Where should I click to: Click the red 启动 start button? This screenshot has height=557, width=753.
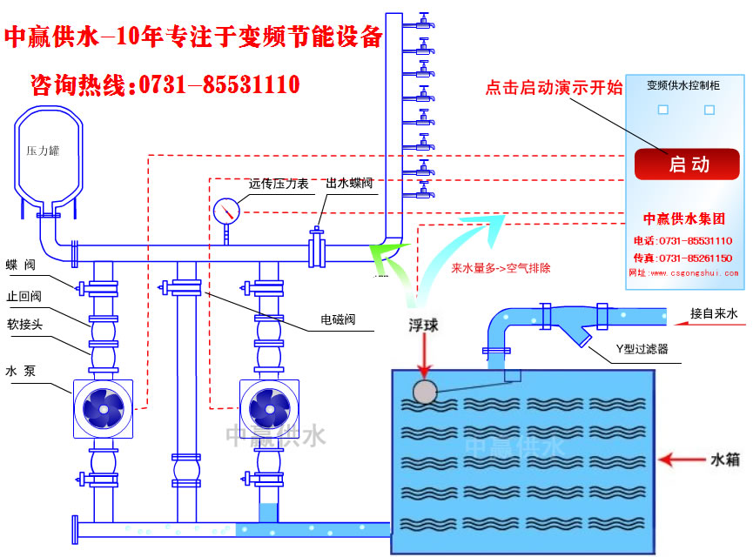coord(687,164)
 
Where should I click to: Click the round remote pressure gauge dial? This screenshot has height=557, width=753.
coord(226,211)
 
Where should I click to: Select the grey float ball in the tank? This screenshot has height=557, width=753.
coord(425,393)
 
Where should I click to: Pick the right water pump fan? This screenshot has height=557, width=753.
coord(269,407)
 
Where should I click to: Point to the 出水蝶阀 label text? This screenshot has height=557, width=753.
coord(350,184)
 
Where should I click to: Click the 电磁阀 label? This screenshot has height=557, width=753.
coord(337,319)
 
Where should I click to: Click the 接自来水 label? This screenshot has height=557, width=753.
coord(714,312)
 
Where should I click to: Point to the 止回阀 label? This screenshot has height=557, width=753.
coord(24,295)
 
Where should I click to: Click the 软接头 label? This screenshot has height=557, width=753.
coord(24,323)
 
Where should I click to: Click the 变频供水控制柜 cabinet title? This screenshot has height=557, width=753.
coord(683,85)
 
